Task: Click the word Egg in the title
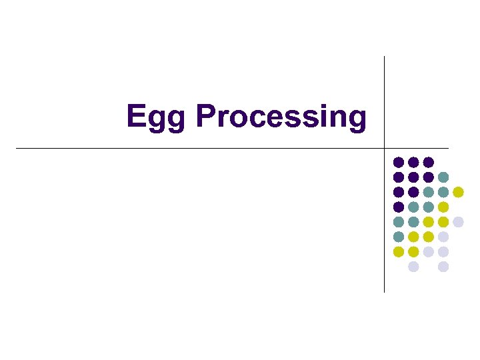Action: point(157,117)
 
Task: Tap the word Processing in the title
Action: point(281,117)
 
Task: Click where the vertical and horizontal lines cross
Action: point(385,148)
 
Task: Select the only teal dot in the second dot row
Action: point(443,177)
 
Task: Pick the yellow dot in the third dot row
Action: point(458,192)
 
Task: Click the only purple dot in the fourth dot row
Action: point(399,207)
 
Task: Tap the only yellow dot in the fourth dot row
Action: point(443,207)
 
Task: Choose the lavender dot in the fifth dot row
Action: point(458,222)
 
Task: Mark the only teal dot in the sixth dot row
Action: point(399,237)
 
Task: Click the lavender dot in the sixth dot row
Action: point(443,237)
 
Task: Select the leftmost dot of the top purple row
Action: point(399,162)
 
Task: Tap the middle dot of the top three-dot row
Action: point(413,162)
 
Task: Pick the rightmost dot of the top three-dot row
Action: point(429,162)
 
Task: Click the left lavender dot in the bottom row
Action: point(413,267)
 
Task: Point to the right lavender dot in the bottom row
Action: point(443,267)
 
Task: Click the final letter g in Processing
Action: point(357,120)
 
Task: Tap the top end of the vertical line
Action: point(385,57)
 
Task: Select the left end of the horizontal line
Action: point(17,148)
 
